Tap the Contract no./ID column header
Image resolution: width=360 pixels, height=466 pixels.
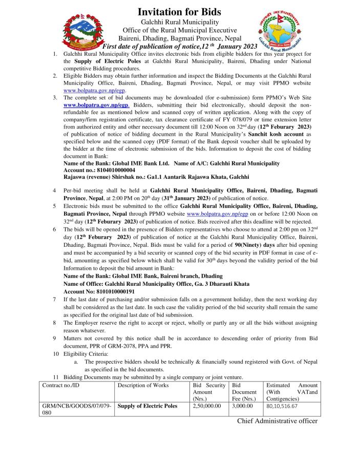point(61,385)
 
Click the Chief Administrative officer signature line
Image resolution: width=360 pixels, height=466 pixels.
point(277,421)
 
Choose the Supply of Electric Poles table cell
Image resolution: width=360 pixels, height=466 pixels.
point(147,406)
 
